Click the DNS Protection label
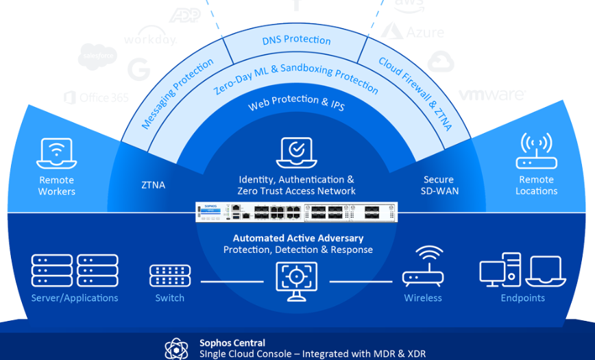pyautogui.click(x=297, y=40)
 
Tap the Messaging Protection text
pyautogui.click(x=177, y=94)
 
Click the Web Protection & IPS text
pyautogui.click(x=297, y=104)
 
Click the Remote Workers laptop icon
pyautogui.click(x=57, y=154)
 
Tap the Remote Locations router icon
pyautogui.click(x=536, y=151)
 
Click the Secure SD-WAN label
pyautogui.click(x=439, y=185)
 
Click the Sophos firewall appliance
pyautogui.click(x=296, y=213)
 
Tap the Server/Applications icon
pyautogui.click(x=74, y=270)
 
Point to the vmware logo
pyautogui.click(x=491, y=95)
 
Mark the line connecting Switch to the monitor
pyautogui.click(x=232, y=282)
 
